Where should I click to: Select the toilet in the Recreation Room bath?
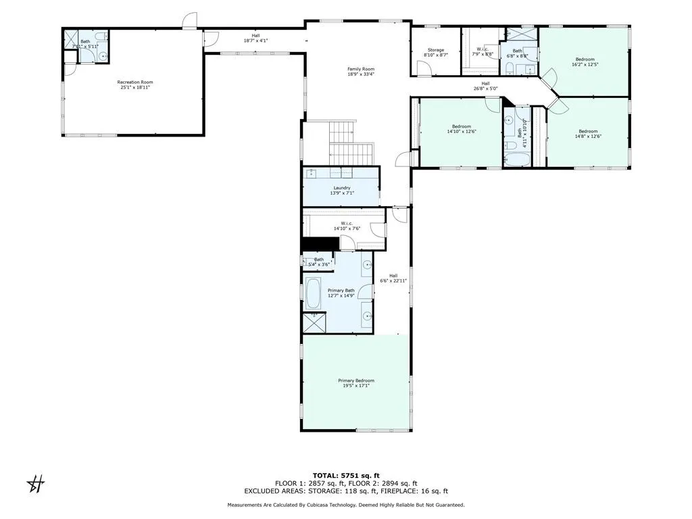(x=100, y=36)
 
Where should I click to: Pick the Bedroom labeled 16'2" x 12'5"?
(x=585, y=61)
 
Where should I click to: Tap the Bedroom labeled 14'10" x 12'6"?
(x=461, y=129)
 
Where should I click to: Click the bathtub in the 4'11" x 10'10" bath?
(x=518, y=159)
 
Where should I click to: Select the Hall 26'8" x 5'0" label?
(x=485, y=85)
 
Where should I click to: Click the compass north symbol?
(x=35, y=484)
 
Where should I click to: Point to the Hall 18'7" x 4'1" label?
(x=255, y=38)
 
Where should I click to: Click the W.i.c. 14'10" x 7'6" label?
(x=347, y=226)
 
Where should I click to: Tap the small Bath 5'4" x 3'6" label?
(x=318, y=262)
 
